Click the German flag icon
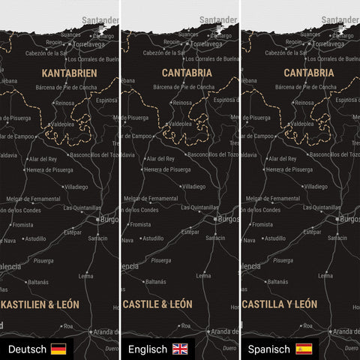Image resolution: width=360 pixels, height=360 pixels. [x=58, y=349]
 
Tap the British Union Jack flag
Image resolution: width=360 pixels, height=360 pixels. [x=181, y=349]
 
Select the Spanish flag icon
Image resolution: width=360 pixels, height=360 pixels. [x=304, y=349]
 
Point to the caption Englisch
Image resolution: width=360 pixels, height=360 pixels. [x=148, y=349]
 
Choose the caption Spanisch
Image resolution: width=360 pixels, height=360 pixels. [x=269, y=349]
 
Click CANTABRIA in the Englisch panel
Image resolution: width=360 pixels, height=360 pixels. [x=187, y=73]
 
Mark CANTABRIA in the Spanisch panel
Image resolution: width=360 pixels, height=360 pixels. [x=309, y=73]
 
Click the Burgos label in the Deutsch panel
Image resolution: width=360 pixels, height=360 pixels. [x=108, y=220]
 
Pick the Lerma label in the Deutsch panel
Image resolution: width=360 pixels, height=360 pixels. [x=85, y=275]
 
